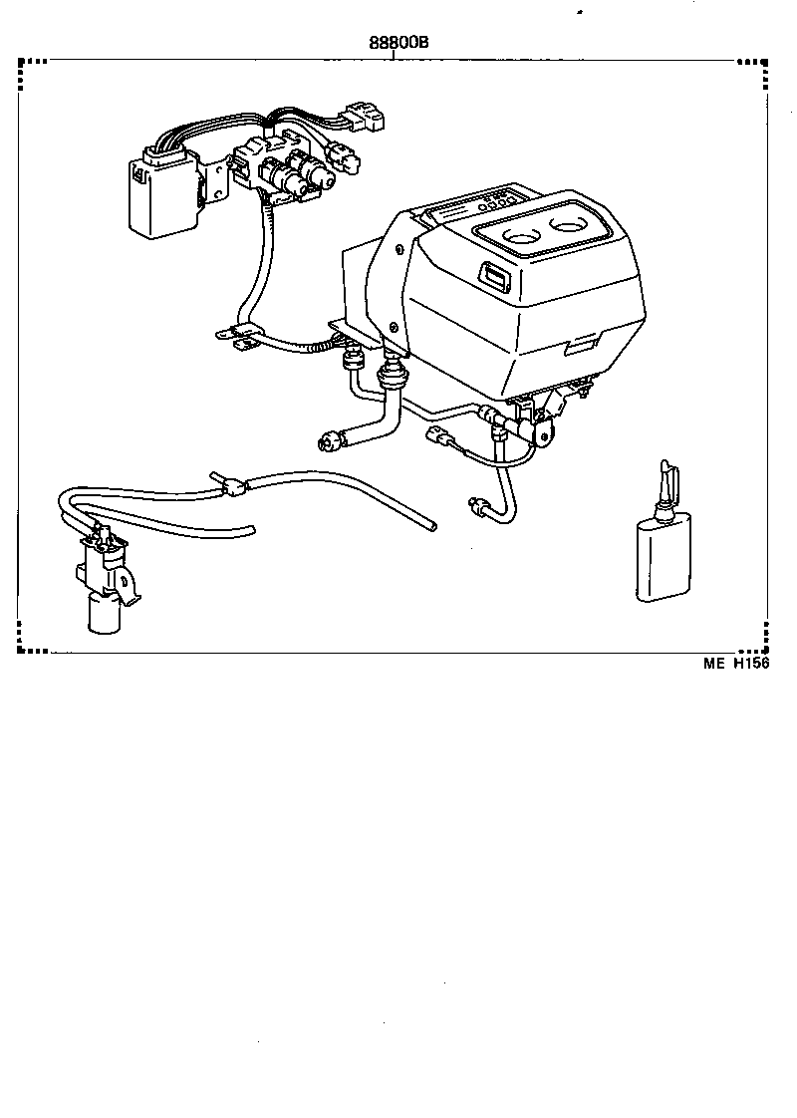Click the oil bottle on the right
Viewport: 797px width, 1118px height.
pos(662,557)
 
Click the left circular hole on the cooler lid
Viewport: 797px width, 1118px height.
pos(522,239)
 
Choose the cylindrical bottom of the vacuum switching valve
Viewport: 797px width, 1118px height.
pos(105,612)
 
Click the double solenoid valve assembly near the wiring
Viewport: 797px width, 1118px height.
pos(294,174)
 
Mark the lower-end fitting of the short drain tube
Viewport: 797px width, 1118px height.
pos(475,507)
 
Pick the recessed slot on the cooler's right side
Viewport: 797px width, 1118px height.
pos(579,345)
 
